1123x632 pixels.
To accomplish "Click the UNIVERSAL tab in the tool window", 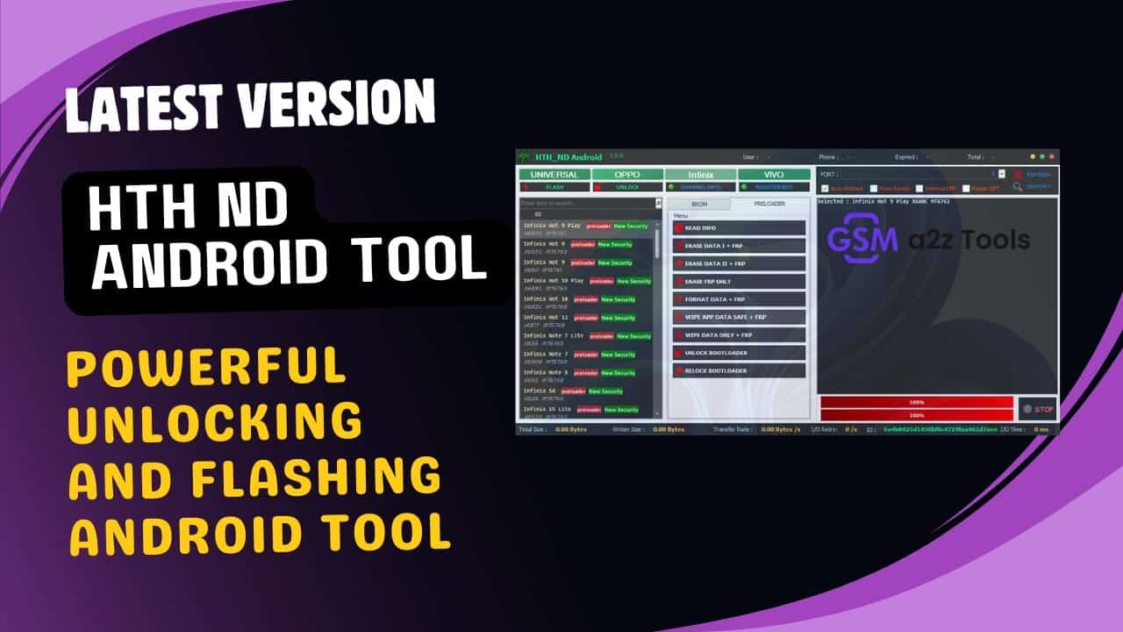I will (554, 175).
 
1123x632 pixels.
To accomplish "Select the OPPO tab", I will (626, 175).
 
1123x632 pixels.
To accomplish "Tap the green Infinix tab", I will (700, 175).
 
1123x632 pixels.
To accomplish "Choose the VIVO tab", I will (773, 175).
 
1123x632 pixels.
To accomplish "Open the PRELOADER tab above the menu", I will (769, 204).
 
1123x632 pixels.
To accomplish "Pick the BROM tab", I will (699, 204).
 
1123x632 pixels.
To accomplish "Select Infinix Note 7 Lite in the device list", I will (553, 336).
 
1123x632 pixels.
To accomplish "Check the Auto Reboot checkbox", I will (824, 189).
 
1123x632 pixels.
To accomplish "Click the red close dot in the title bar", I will (1051, 157).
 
